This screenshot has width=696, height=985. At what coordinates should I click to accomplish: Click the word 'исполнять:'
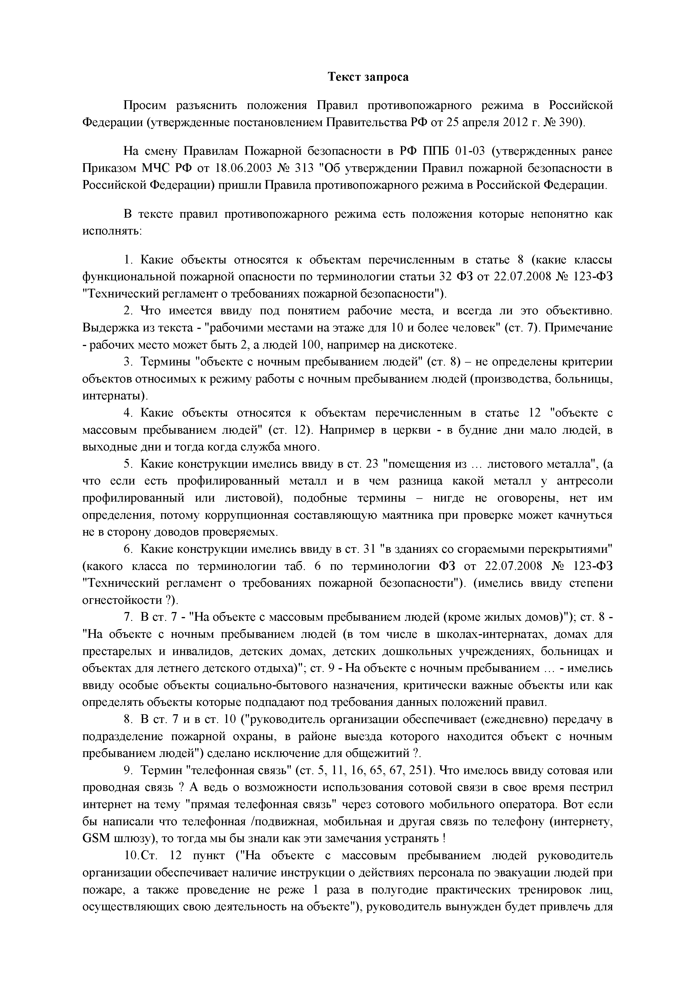112,231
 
